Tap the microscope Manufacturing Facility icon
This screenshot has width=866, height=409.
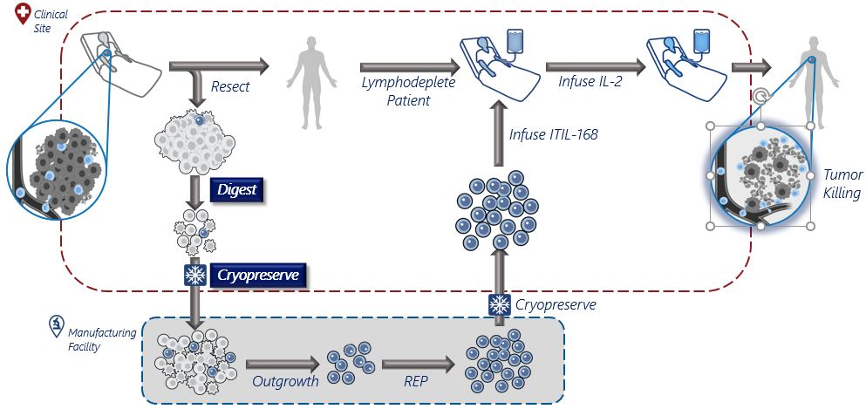click(x=54, y=326)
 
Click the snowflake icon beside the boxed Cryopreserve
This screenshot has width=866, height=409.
click(x=194, y=276)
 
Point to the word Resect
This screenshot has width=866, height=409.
click(x=230, y=87)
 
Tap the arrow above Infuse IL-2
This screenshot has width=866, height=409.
click(x=595, y=65)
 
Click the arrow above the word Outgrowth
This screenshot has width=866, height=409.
click(x=282, y=363)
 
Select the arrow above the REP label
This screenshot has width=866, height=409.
click(x=416, y=363)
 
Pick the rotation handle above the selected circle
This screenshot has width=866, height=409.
click(x=761, y=97)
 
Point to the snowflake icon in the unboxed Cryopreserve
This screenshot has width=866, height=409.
click(x=500, y=305)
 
